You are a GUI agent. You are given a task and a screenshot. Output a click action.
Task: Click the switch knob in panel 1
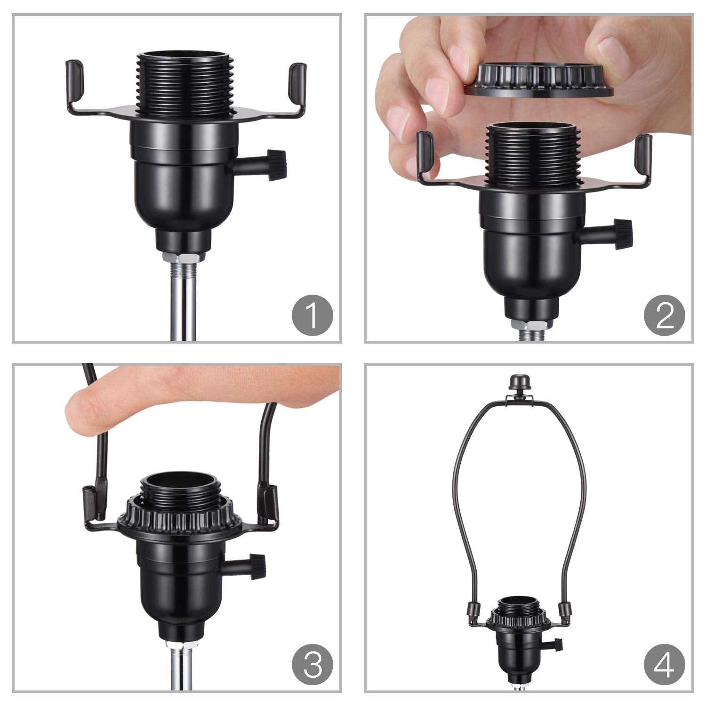[278, 165]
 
